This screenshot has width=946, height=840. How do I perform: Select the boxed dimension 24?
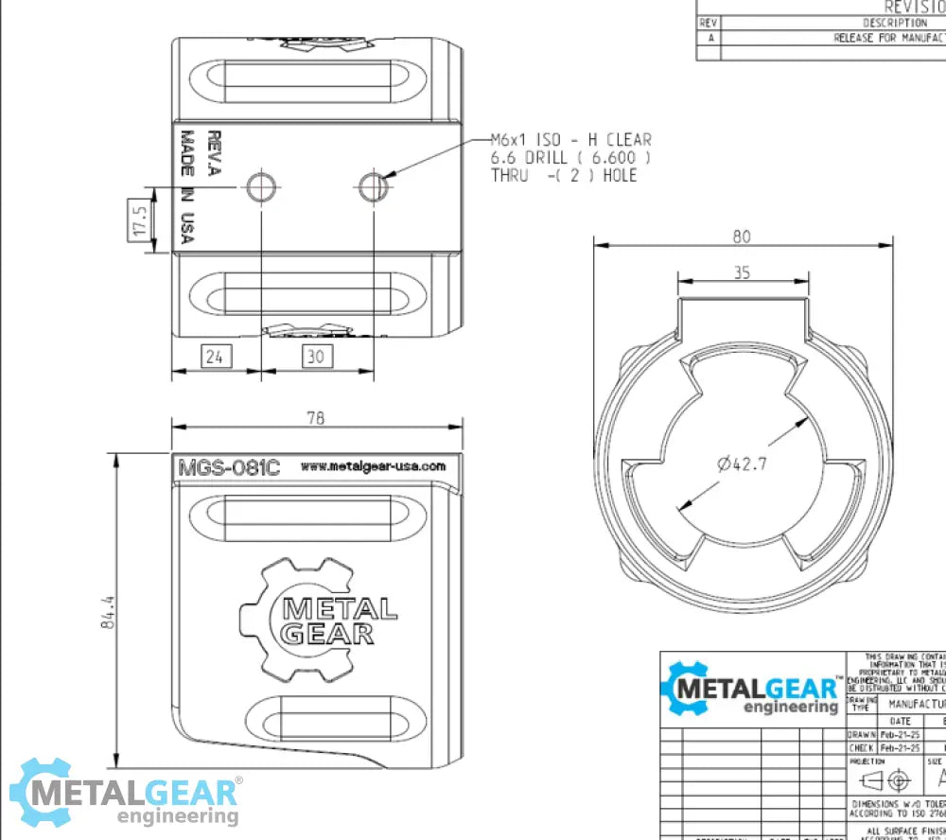(x=215, y=357)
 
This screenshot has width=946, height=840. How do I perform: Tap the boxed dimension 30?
(x=316, y=357)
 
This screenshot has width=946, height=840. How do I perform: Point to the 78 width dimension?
(x=316, y=418)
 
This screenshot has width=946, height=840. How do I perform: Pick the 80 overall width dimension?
(x=741, y=236)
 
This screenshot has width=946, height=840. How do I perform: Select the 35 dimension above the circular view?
(x=743, y=272)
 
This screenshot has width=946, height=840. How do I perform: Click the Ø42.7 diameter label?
(x=741, y=464)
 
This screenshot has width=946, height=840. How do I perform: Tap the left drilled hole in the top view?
(x=260, y=187)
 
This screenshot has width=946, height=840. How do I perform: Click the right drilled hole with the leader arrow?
(x=373, y=187)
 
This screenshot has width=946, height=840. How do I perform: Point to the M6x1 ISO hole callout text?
(x=570, y=157)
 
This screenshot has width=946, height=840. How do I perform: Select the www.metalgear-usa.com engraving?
(x=373, y=466)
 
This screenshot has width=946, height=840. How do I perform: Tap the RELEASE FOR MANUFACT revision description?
(x=887, y=39)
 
